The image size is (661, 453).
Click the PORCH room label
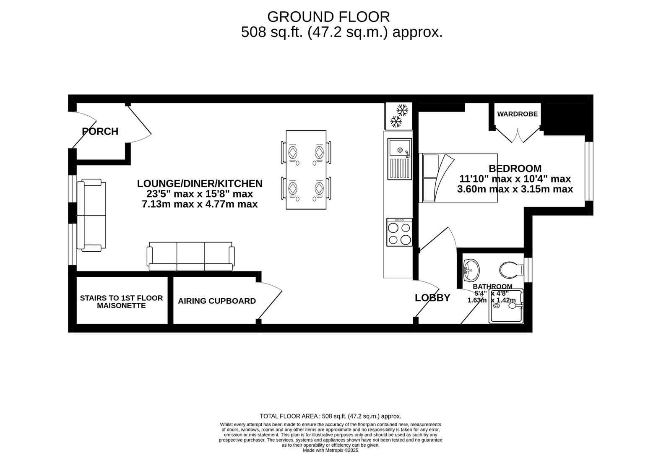pos(100,131)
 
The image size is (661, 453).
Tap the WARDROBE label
pos(517,114)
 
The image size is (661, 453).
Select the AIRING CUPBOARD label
pos(217,301)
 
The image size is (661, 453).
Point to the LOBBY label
pos(432,298)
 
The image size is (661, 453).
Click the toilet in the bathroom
pos(511,270)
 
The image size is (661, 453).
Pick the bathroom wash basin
pos(471,270)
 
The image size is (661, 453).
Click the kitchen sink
pos(400,159)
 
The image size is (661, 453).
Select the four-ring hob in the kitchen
pos(400,232)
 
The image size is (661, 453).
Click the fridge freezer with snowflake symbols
pos(398,116)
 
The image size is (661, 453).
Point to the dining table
pos(306,170)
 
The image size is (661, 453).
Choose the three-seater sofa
pos(191,256)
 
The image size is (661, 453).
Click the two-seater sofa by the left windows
pos(91,216)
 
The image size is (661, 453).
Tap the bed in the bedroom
pos(458,178)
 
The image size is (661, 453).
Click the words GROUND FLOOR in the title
pos(328,17)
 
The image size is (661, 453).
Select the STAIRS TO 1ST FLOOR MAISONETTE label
pos(121,302)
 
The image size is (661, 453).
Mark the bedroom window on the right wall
pos(589,171)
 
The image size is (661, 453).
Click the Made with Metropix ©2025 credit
pos(330,450)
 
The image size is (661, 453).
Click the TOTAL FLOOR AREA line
pos(330,417)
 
